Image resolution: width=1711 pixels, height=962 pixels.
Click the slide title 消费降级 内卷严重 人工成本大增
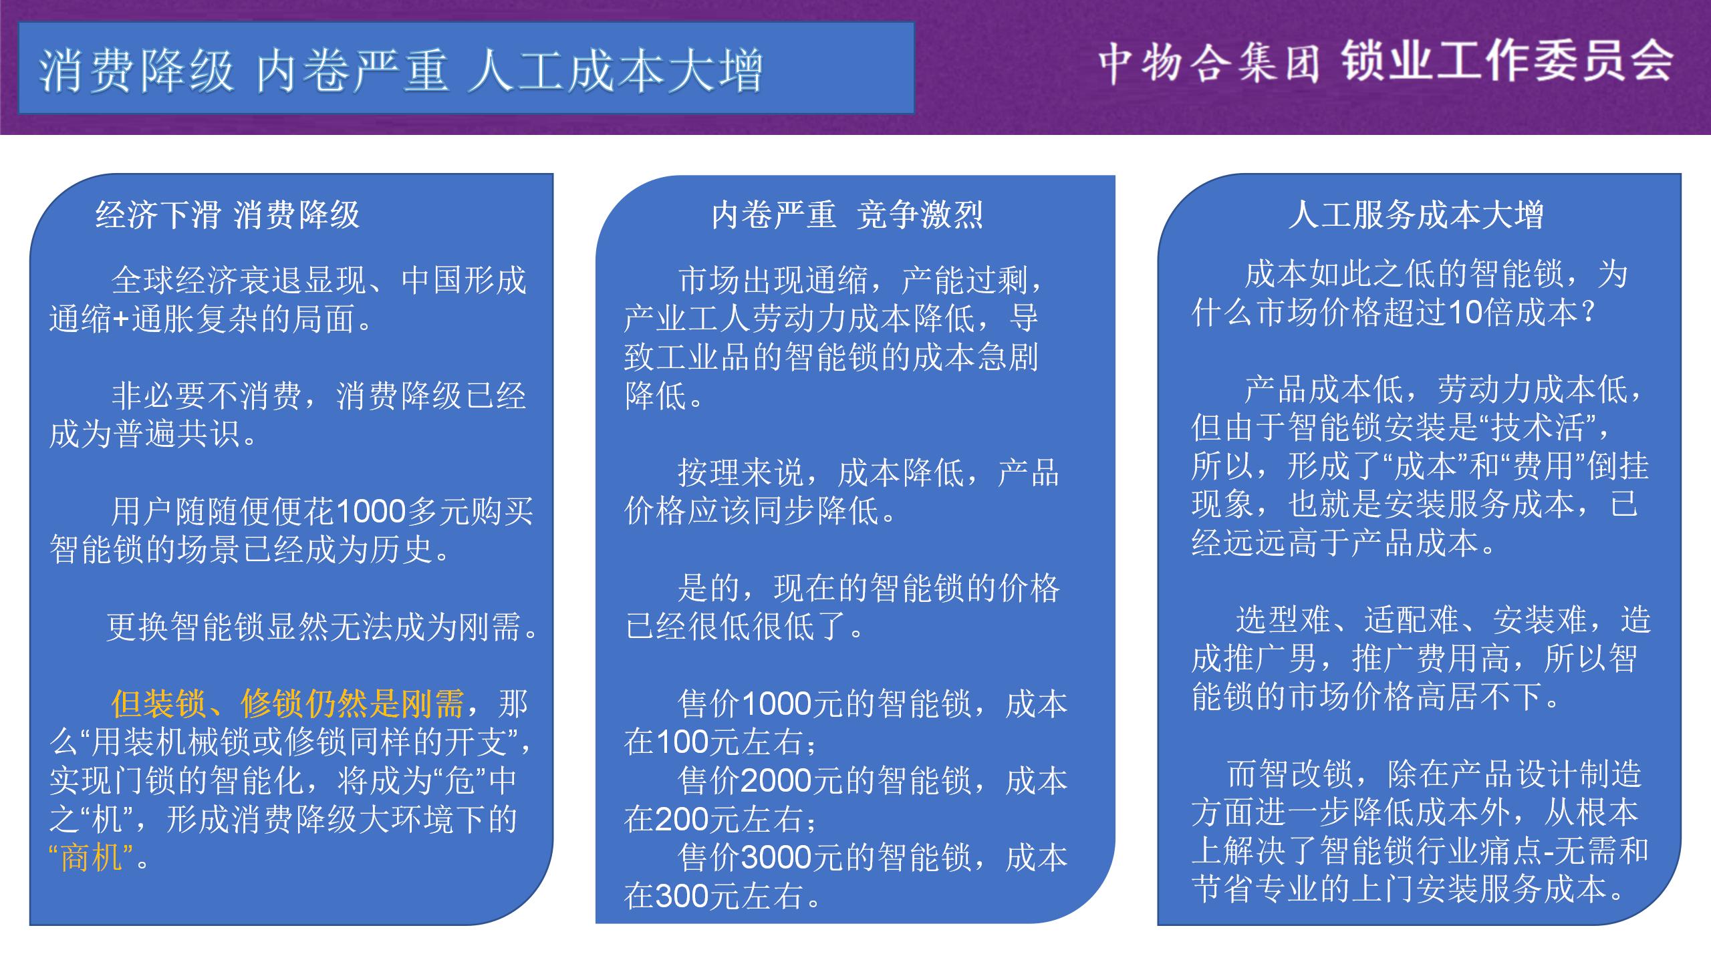coord(400,71)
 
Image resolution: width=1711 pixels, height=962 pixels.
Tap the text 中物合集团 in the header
coord(1209,64)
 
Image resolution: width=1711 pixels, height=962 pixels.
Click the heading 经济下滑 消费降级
coord(228,214)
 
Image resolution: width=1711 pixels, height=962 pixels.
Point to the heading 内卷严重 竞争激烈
coord(847,214)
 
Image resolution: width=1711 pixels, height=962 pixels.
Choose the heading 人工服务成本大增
coord(1416,214)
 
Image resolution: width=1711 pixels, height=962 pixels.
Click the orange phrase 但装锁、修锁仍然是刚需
coord(287,703)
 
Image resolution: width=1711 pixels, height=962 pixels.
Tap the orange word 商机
coord(92,857)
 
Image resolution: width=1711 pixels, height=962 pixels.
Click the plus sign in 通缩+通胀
coord(121,319)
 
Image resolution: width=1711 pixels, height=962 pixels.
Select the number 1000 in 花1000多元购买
coord(371,512)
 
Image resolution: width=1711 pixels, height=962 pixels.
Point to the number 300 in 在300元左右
coord(681,897)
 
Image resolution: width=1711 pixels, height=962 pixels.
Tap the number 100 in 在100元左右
coord(681,742)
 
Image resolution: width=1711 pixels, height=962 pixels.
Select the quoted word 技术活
coord(1537,427)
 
